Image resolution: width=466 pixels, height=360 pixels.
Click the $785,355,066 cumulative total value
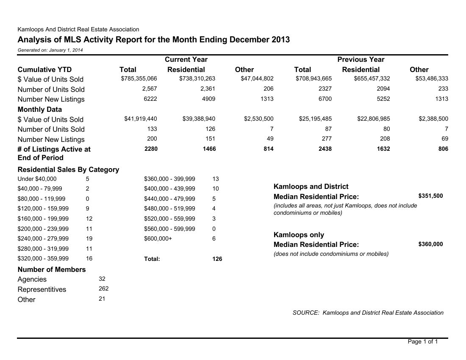pos(139,78)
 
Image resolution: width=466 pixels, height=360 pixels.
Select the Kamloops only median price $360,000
pos(430,244)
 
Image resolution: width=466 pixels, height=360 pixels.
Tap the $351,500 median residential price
pos(430,196)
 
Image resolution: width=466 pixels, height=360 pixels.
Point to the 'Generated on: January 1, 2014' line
pos(50,50)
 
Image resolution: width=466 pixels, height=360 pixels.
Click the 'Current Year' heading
pos(186,59)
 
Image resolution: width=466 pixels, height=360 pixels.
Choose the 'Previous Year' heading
pos(361,59)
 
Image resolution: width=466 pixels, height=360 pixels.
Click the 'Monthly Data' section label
pos(40,109)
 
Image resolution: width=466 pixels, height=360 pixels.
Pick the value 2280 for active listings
pos(151,149)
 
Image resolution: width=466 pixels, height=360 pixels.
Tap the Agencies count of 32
pos(102,278)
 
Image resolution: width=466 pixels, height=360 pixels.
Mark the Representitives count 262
pos(103,288)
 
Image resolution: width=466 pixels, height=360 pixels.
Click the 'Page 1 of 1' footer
pos(422,341)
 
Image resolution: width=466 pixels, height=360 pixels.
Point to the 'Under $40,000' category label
pos(37,179)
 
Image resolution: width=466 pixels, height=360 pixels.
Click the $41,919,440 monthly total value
pos(141,119)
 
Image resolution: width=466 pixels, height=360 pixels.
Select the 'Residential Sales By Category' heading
pos(68,169)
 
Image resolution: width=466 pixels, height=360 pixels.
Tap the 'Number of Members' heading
pos(52,269)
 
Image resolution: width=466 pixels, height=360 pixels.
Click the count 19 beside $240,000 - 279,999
pos(89,238)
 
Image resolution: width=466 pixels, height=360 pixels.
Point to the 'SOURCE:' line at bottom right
pos(368,313)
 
